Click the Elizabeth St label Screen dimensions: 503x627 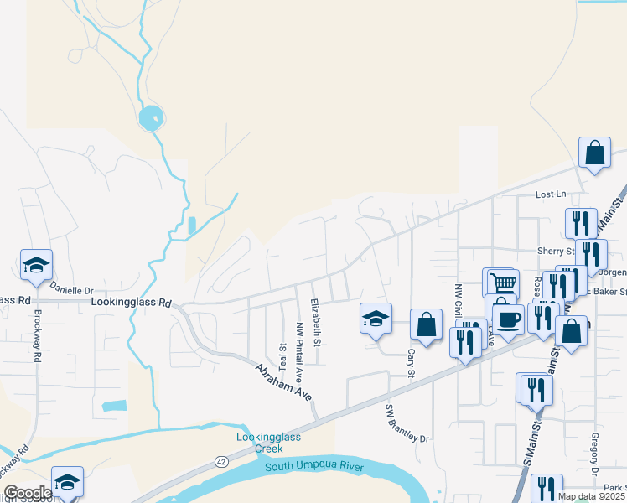316,322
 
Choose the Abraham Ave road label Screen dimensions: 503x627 283,381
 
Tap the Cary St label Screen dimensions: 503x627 412,363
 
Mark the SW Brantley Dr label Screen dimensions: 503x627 407,424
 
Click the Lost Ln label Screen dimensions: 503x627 551,194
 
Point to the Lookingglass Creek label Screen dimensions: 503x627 267,442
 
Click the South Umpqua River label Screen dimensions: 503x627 314,466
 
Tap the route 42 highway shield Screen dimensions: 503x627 220,461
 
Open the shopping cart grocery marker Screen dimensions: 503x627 502,283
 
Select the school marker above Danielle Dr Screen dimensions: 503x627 36,265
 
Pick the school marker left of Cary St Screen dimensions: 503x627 376,319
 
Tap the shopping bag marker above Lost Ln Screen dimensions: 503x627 594,154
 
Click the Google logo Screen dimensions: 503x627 28,493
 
